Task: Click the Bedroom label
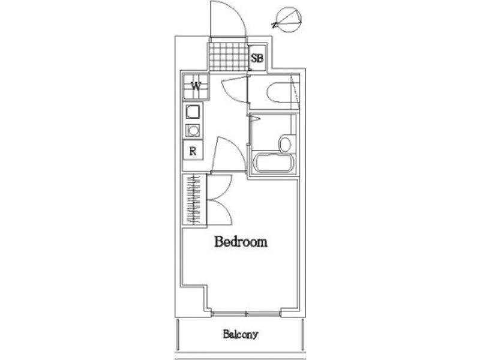tap(241, 242)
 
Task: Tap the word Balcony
tap(241, 334)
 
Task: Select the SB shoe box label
tap(257, 58)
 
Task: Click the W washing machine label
tap(196, 86)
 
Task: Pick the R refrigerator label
tap(193, 151)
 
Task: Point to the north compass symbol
tap(288, 20)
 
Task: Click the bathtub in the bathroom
tap(274, 162)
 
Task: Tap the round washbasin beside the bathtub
tap(285, 144)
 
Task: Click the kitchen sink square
tap(193, 112)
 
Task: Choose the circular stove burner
tap(193, 131)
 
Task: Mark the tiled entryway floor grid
tap(229, 57)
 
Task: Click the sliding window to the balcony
tap(246, 314)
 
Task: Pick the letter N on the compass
tap(275, 25)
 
